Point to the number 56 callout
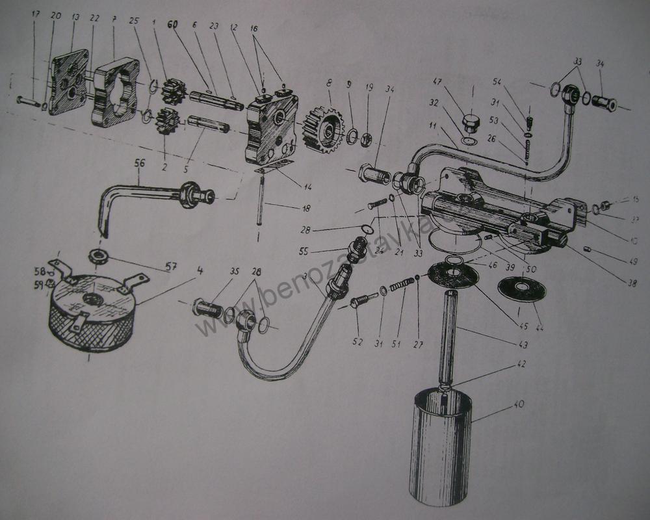click(140, 165)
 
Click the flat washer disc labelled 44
click(521, 287)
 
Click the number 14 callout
click(307, 187)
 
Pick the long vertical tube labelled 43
click(450, 338)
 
